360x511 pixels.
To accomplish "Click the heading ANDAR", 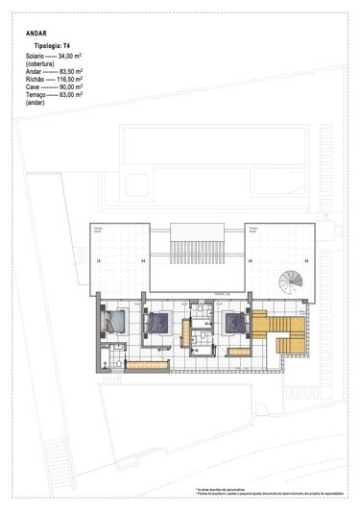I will coord(36,33).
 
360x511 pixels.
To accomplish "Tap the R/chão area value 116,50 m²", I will coord(71,80).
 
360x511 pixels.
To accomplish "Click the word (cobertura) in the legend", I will coord(43,64).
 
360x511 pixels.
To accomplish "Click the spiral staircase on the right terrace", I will coord(289,283).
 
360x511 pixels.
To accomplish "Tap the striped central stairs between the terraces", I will coord(199,252).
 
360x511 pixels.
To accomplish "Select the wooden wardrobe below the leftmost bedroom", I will coord(147,363).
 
